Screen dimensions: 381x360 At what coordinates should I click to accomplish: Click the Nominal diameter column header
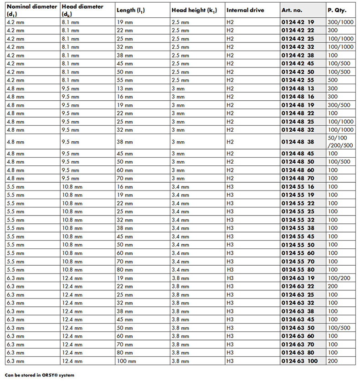click(31, 10)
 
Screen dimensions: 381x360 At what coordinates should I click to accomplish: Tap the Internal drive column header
click(245, 10)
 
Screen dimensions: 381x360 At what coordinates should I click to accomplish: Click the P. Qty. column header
click(337, 10)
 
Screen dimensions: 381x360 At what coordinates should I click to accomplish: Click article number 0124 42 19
click(298, 22)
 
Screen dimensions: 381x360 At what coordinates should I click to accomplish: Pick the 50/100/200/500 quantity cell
click(340, 142)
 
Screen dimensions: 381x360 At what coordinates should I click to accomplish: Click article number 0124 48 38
click(298, 142)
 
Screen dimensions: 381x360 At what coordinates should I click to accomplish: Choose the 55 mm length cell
click(125, 80)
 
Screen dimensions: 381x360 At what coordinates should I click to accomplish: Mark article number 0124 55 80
click(298, 269)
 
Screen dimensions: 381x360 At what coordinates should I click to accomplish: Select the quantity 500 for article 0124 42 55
click(333, 80)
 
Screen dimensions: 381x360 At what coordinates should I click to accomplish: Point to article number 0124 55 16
click(298, 186)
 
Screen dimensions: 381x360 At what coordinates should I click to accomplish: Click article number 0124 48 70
click(298, 178)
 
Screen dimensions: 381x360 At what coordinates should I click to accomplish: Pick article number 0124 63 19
click(298, 278)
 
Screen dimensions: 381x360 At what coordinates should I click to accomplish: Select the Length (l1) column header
click(131, 10)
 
